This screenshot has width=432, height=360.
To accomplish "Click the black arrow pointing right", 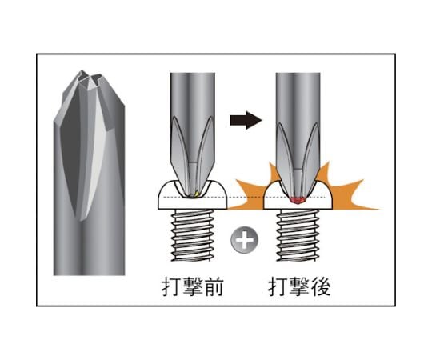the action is point(246,120).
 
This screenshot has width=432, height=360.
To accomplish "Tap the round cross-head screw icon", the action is point(244,239).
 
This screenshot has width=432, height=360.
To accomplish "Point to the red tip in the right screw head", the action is point(298,200).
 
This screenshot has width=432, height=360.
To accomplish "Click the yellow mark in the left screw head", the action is point(197,194).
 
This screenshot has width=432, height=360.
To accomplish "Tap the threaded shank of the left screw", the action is point(192,235).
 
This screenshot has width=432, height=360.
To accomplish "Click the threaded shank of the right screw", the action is point(298,235).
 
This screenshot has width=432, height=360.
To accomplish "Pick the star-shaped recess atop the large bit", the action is point(89,78).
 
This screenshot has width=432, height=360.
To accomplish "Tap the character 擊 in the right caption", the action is point(299,286).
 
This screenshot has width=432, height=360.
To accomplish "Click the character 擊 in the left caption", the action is point(192,286).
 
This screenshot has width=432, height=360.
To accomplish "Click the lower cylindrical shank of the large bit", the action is point(89,248).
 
